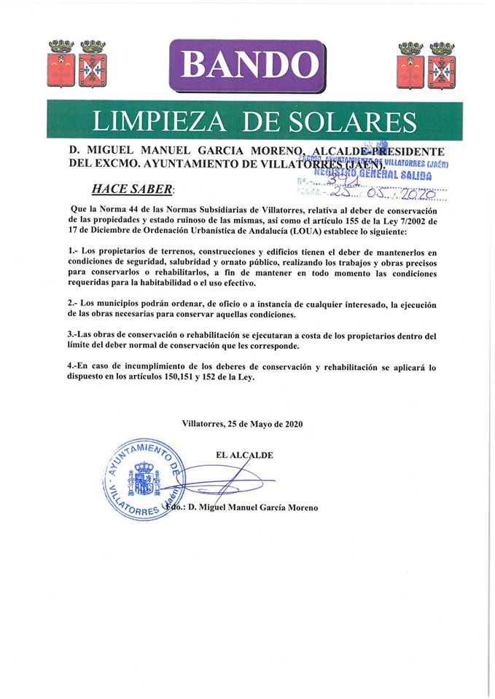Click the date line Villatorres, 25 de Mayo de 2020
(x=242, y=424)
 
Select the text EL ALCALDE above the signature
(x=244, y=456)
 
